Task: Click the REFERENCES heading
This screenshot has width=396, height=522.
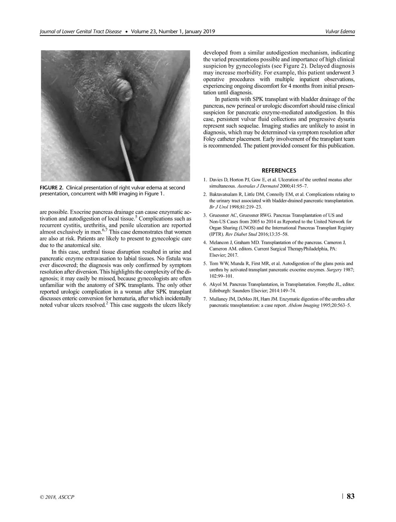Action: point(279,171)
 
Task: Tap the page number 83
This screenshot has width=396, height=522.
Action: point(350,496)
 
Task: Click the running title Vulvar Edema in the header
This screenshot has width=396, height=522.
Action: point(340,32)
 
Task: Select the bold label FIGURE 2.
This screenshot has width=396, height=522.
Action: point(51,188)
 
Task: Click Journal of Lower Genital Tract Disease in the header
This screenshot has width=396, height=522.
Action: point(81,32)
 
